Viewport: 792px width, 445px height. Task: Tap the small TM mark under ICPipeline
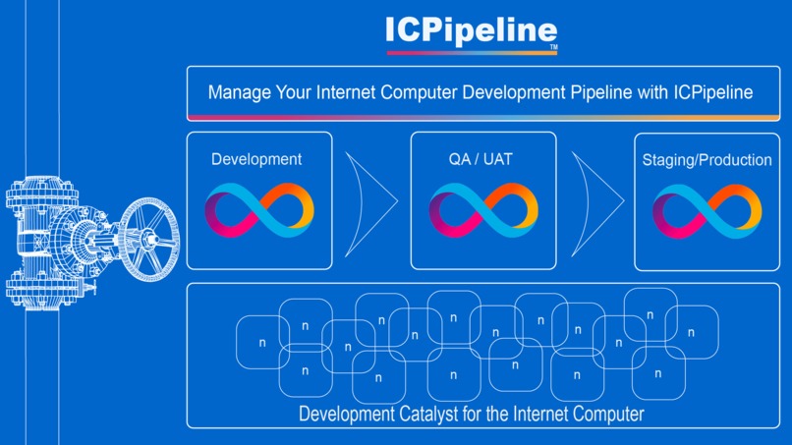(x=553, y=48)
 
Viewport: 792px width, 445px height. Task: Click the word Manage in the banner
(x=237, y=93)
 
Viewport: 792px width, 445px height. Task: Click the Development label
(x=256, y=159)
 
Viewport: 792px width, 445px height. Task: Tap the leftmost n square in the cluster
(x=262, y=343)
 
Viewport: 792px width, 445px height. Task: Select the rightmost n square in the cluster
(x=691, y=332)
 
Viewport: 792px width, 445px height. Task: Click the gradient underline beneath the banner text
(x=482, y=117)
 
